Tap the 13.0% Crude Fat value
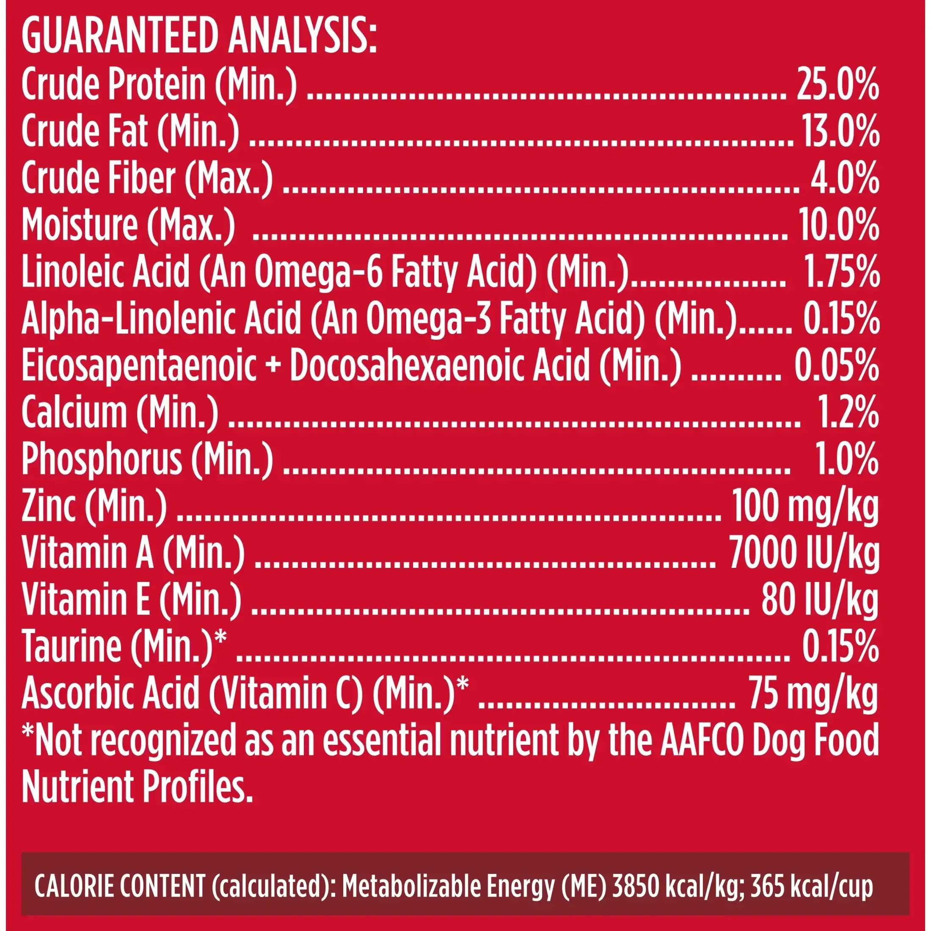point(840,133)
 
